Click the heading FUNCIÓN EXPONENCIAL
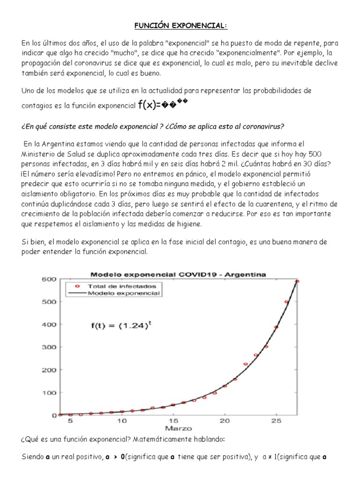(180, 25)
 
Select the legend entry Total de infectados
(124, 285)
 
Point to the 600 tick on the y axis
(50, 279)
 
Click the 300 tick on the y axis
(50, 347)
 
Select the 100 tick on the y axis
(50, 392)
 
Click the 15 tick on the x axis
(173, 421)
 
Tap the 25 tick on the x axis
(276, 421)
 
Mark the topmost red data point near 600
(297, 281)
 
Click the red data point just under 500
(286, 302)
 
